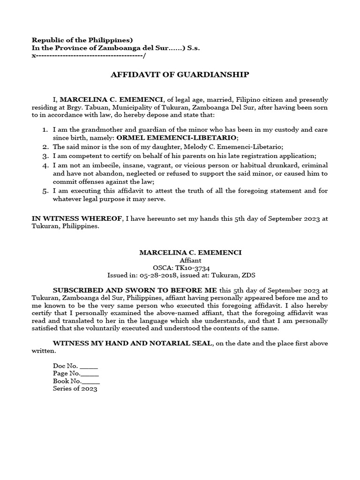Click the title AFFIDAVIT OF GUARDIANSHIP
click(180, 75)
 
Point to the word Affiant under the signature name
click(190, 260)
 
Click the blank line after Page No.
click(90, 374)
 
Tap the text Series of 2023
click(75, 389)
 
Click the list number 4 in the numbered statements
click(45, 166)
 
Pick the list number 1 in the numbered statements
click(45, 130)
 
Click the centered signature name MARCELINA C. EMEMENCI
click(190, 253)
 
